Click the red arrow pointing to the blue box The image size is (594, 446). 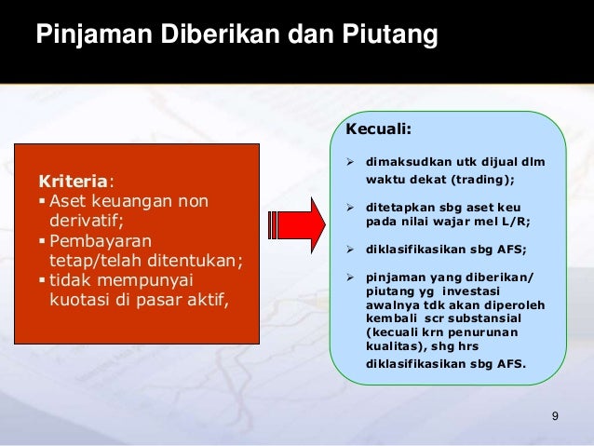click(295, 223)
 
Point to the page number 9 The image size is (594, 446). click(555, 415)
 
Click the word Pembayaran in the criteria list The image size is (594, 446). click(93, 240)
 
